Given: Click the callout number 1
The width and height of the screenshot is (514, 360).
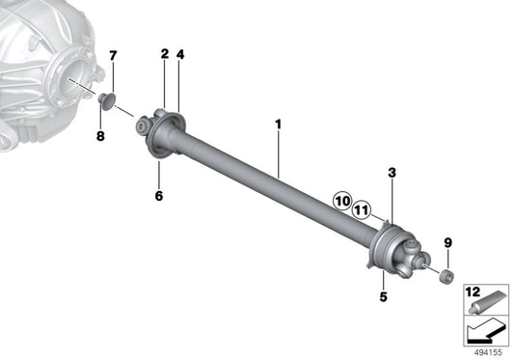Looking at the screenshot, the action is (278, 125).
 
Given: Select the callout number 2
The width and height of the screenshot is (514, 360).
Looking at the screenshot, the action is (165, 54).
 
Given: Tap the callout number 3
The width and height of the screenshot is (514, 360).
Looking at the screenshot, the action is (392, 173).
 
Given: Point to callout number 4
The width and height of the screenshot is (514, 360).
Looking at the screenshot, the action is (180, 54).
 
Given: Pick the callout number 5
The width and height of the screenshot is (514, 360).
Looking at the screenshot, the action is (383, 296).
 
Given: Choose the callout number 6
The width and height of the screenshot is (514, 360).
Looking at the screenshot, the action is (159, 196).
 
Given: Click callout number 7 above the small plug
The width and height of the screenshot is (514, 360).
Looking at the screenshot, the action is (113, 56).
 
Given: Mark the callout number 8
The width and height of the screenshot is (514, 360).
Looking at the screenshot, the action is (100, 136).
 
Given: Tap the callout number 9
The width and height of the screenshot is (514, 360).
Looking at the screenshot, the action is (447, 243).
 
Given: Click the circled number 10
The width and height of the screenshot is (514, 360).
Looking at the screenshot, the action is (342, 201).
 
